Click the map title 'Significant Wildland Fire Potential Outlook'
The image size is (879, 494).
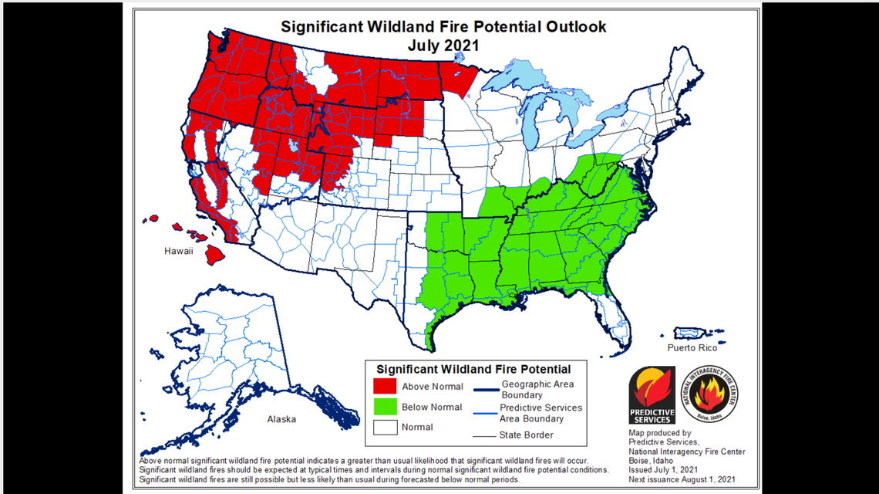(x=443, y=26)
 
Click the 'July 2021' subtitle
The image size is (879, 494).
(x=443, y=46)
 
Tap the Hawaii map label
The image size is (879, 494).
(x=178, y=252)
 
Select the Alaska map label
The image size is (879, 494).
(x=281, y=419)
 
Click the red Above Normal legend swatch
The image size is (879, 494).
(x=385, y=386)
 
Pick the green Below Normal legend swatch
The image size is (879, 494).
(x=385, y=407)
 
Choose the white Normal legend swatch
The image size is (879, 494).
(x=385, y=427)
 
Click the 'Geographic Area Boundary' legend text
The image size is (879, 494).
(x=537, y=389)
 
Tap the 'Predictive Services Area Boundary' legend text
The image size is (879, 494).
(x=541, y=413)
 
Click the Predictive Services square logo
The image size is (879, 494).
(x=652, y=395)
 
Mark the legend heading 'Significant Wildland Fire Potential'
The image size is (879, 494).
(x=473, y=369)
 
